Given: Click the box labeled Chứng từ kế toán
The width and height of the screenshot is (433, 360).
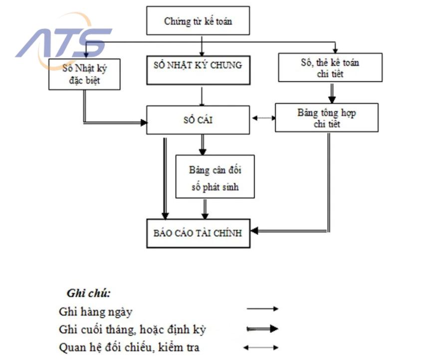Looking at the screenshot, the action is (198, 21).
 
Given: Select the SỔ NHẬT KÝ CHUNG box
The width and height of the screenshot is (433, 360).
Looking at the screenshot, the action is (198, 70).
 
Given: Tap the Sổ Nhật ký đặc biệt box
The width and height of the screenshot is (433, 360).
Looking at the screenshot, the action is (84, 74).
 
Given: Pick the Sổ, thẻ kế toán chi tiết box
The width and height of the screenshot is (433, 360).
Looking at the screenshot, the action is (330, 67).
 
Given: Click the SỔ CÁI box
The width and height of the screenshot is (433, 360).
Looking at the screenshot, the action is (198, 120).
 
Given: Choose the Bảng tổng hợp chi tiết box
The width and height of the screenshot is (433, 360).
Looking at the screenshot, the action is (327, 118).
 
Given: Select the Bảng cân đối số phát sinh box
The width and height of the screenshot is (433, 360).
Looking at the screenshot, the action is (215, 177).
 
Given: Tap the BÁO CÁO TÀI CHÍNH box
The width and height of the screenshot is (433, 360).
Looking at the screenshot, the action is (198, 233).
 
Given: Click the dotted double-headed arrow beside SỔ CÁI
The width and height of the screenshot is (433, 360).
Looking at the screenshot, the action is (264, 118).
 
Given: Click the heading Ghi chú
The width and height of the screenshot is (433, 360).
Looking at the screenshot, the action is (88, 293).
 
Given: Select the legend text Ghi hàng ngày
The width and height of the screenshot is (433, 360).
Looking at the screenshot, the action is (96, 312).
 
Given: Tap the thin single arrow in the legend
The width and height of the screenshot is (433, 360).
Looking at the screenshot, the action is (262, 309).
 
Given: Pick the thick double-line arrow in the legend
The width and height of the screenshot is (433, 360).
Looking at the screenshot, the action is (262, 329).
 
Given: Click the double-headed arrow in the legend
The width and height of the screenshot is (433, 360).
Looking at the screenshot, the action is (261, 348).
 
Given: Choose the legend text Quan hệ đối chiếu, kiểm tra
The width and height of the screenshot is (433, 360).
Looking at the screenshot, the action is (129, 348).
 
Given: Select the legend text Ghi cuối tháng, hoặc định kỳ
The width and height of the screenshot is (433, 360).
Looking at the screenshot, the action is (132, 330).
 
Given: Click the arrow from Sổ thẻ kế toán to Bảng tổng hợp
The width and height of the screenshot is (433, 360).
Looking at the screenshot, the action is (332, 93).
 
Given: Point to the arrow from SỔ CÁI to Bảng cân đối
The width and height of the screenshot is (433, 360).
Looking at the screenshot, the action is (203, 145).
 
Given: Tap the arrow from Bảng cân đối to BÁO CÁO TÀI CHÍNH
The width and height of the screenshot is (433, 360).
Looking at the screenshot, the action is (205, 209).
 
